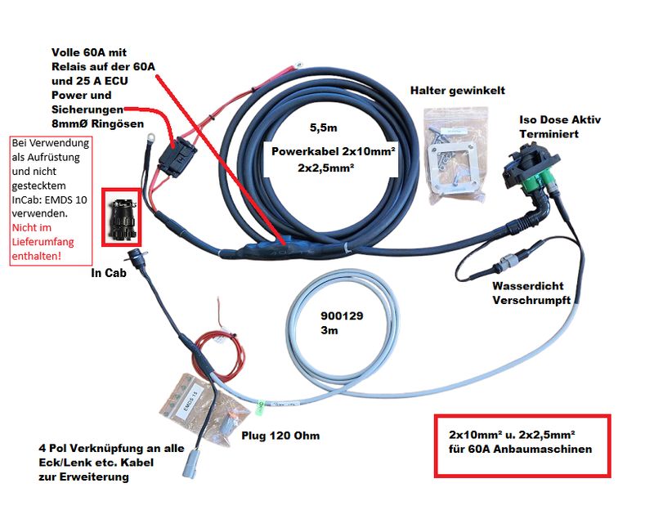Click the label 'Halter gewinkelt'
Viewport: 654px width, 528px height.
(x=458, y=90)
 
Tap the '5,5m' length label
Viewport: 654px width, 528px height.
(x=325, y=128)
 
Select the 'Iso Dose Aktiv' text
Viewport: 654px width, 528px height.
(x=560, y=119)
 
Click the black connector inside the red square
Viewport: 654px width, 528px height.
(x=121, y=217)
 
